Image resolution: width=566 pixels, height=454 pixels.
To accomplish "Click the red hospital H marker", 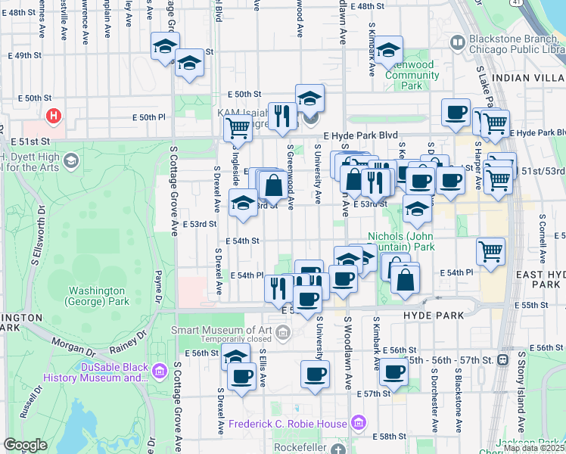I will coord(54,117).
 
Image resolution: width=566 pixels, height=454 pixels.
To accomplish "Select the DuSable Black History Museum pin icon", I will coord(160,371).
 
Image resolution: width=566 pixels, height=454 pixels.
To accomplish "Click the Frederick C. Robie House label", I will coord(289,424).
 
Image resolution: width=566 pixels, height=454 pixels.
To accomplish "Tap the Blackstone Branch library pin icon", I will coord(457,42).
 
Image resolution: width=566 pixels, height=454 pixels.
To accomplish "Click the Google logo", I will coord(25,445).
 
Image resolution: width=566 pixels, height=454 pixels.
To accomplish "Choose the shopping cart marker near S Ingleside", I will coord(238,129).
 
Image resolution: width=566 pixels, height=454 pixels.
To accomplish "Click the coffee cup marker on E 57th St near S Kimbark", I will coord(393,372).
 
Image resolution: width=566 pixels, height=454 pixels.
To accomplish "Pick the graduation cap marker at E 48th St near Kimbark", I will coord(389,51).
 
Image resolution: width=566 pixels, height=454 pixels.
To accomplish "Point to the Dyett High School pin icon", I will coord(70,160).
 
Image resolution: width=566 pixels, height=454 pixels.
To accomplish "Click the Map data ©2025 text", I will coord(533,448).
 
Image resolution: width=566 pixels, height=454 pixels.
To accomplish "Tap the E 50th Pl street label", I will coord(148,117).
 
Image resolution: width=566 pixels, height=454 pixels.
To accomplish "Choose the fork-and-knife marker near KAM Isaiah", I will coord(281,116).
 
